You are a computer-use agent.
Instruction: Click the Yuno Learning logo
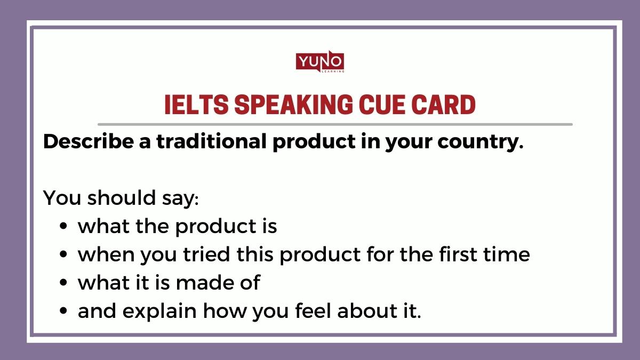[x=320, y=62]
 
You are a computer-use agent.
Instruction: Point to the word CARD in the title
[x=446, y=106]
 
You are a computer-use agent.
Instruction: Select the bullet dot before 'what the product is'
[x=64, y=227]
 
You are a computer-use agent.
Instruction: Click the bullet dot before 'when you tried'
[x=64, y=255]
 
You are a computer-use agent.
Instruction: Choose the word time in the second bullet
[x=508, y=255]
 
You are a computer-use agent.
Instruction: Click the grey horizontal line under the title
[x=335, y=124]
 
